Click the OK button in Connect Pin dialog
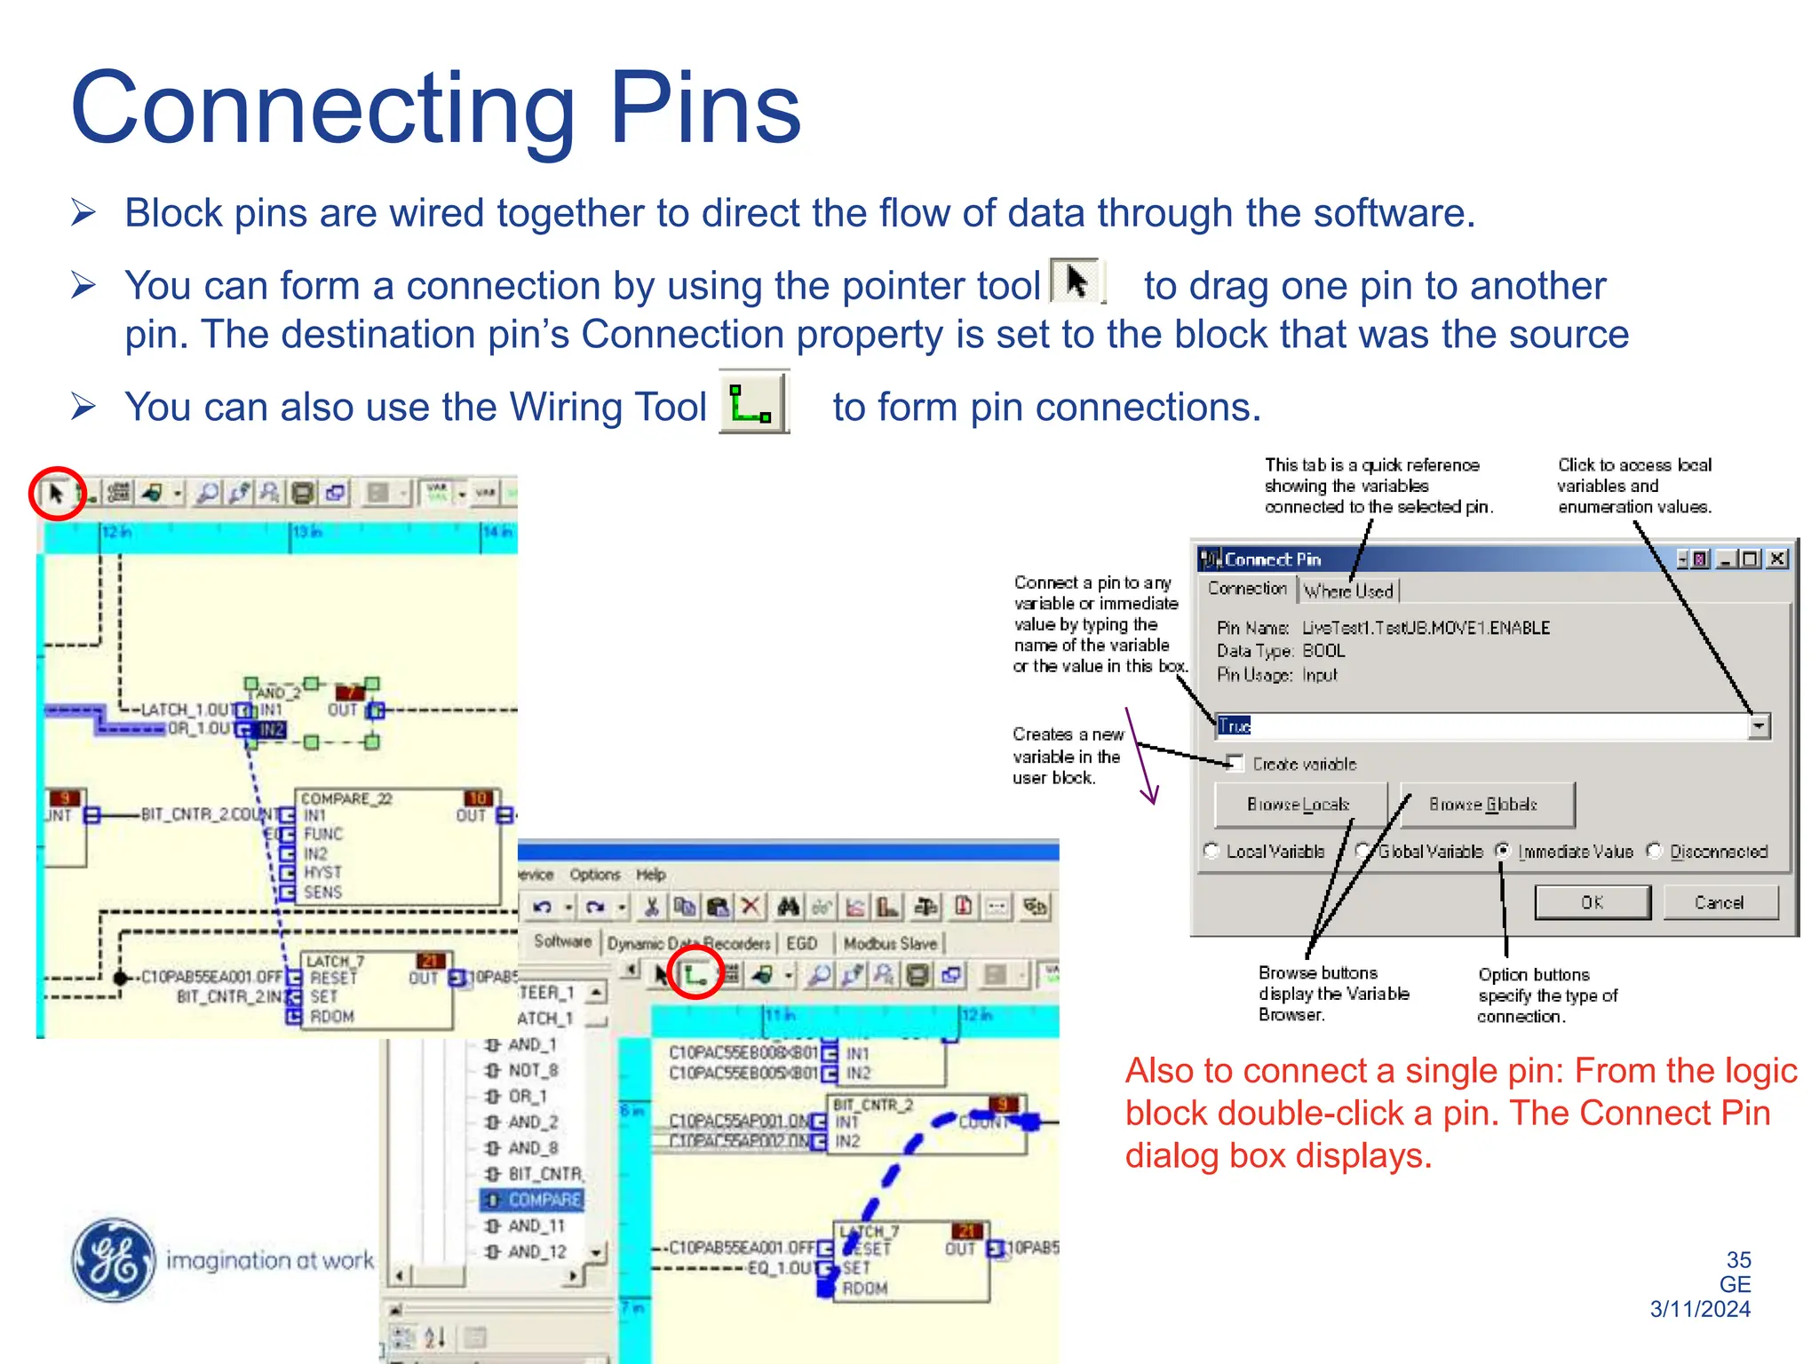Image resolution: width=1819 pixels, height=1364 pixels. point(1592,902)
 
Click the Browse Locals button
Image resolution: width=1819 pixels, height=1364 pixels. point(1299,805)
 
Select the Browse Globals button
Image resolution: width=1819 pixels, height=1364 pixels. point(1486,805)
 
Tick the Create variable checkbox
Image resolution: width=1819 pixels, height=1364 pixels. point(1235,763)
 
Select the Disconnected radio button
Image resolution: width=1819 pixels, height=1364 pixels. point(1655,851)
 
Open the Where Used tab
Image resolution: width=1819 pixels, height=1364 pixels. point(1348,591)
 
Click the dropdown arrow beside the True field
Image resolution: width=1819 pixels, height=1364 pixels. point(1759,726)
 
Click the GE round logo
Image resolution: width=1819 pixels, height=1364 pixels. point(114,1259)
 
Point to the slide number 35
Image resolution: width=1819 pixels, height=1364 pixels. point(1738,1260)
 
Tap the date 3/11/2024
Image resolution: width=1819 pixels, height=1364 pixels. point(1700,1309)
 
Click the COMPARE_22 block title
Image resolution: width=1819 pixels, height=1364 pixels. point(346,798)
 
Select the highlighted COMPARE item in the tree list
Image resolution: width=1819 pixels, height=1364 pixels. point(544,1200)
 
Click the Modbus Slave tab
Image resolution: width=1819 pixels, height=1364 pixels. point(890,943)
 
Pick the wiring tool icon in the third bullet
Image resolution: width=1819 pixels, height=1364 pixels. point(753,402)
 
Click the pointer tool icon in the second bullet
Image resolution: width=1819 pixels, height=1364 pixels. point(1076,282)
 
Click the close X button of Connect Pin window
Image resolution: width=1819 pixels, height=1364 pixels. point(1777,559)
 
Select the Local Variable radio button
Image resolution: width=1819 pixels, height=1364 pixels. point(1211,851)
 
